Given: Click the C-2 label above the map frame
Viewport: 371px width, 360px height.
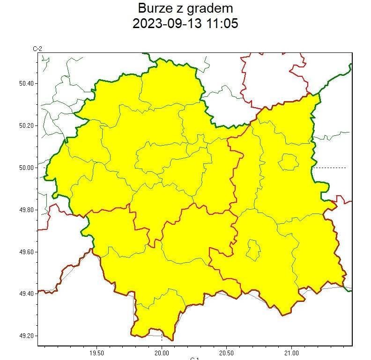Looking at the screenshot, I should point(37,49).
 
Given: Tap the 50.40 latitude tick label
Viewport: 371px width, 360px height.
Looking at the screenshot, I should point(26,83).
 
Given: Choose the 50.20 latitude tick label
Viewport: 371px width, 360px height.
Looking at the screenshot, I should point(26,125).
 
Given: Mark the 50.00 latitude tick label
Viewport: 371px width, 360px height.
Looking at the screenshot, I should point(26,168).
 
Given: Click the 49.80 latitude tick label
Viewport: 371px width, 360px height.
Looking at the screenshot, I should point(26,210).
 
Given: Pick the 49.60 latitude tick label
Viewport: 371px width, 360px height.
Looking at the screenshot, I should point(26,252).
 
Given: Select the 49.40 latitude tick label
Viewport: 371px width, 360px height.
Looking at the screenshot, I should point(26,294).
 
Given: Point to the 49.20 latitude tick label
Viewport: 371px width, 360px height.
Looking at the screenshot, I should point(26,336).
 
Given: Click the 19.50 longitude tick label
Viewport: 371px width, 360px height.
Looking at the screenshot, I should point(96,353).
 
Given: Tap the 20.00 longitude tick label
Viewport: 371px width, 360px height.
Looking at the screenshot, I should point(162,353).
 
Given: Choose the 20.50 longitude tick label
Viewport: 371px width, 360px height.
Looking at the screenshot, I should point(226,353).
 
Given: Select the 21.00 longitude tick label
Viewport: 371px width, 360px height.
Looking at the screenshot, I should point(291,353).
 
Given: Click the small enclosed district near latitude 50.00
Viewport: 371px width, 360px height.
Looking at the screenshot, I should point(288,162).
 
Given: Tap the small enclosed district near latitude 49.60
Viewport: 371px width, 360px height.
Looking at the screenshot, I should point(253,250).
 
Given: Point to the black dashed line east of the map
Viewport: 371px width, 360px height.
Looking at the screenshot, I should point(330,168).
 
